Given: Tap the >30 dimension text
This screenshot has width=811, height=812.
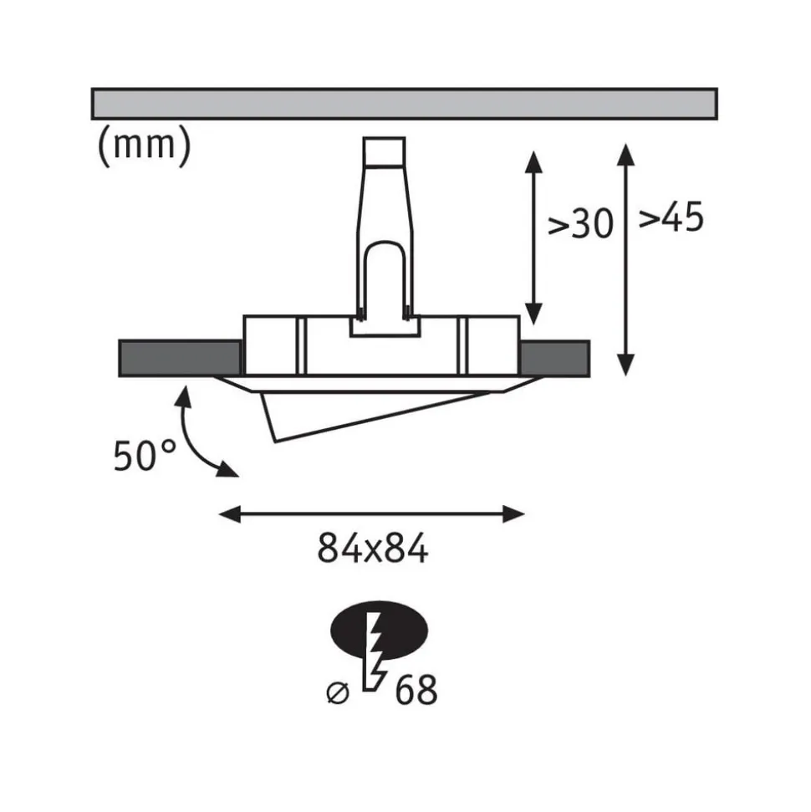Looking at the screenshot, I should coord(580,224).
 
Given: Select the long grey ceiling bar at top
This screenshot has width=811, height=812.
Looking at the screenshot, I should coord(404,103).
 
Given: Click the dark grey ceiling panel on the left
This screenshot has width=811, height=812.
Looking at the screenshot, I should coord(179,358).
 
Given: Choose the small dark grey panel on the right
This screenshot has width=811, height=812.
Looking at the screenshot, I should coord(553,358).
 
